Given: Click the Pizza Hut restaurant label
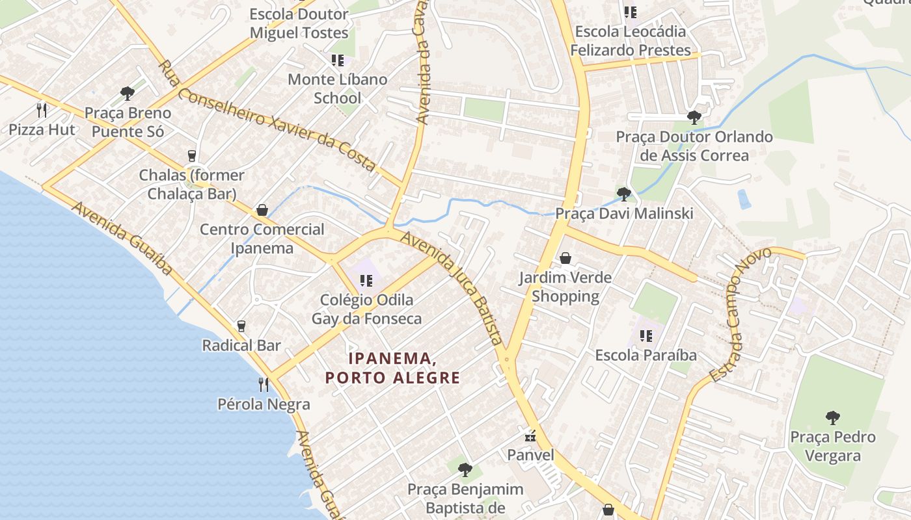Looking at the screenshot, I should [42, 129].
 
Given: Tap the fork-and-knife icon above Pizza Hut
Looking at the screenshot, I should [42, 109].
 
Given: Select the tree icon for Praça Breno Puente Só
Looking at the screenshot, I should [128, 94].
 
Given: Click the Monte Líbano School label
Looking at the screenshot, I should [337, 89].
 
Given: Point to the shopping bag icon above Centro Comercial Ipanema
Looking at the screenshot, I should [262, 210].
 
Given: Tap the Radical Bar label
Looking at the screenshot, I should [241, 345].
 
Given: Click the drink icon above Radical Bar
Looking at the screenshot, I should [241, 326].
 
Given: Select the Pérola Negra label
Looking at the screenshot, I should [264, 404].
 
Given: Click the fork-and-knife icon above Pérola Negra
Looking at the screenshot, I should [264, 384].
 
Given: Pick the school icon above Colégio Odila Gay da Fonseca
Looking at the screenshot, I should [366, 281].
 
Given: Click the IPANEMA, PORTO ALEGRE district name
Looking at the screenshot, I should [392, 368].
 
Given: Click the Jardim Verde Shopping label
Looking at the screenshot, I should [565, 287].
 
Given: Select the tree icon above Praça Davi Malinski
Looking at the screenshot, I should [623, 194].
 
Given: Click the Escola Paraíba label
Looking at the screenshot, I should [646, 356].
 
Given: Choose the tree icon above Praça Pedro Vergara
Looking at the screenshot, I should [832, 417].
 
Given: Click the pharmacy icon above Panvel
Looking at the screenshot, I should [531, 435].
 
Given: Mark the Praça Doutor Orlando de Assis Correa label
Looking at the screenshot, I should [694, 146].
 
